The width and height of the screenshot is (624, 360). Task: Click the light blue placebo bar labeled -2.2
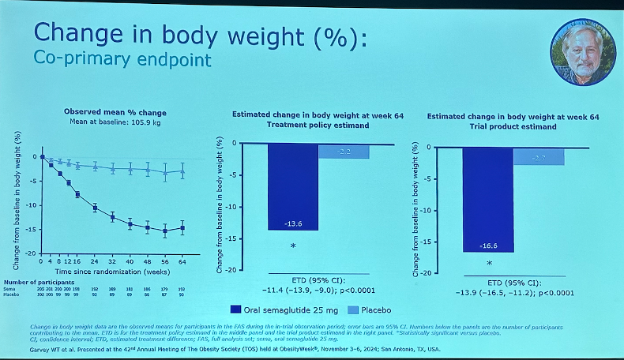click(x=344, y=152)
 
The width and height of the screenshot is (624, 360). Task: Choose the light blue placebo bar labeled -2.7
click(x=539, y=156)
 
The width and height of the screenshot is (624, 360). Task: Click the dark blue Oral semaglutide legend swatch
click(x=236, y=310)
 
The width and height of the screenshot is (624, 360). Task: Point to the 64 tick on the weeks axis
click(x=182, y=261)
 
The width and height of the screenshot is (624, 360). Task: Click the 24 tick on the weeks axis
click(x=95, y=261)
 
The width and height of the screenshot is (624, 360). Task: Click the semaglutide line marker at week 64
click(x=182, y=228)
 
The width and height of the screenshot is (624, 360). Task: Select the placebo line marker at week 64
click(x=182, y=171)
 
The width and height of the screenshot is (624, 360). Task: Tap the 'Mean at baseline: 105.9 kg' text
click(x=107, y=123)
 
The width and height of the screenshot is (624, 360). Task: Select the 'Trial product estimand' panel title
click(x=513, y=126)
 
